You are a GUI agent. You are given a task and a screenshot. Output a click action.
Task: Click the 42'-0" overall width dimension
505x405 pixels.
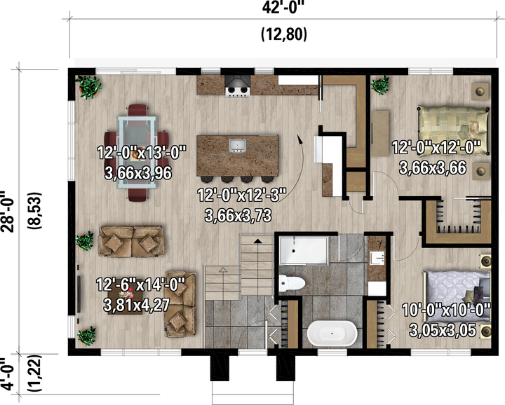(283, 7)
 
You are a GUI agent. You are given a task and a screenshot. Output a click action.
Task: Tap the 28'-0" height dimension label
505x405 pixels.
(7, 212)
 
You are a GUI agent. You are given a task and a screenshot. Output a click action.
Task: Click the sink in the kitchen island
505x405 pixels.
(238, 146)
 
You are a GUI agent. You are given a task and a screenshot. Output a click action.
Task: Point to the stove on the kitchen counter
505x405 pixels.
(238, 86)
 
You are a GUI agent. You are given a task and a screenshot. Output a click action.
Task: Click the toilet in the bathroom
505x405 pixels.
(292, 283)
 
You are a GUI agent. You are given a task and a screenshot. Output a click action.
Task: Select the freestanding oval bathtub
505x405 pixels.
(332, 333)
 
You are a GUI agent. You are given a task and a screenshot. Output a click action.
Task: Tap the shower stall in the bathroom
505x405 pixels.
(304, 251)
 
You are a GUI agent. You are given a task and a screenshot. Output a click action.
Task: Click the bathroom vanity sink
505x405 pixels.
(377, 258)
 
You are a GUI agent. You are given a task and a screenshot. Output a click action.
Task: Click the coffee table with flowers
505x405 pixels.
(126, 300)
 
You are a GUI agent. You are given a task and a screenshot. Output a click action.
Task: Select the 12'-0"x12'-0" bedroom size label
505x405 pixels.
(436, 148)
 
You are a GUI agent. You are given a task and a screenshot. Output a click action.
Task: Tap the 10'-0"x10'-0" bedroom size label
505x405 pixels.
(446, 310)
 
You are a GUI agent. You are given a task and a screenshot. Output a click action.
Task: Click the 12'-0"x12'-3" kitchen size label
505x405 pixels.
(241, 195)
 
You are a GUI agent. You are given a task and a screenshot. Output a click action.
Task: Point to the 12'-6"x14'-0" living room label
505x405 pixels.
(141, 284)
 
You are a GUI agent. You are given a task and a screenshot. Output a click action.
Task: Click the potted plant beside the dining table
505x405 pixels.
(88, 87)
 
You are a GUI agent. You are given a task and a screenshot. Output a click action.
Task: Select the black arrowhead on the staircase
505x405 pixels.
(257, 240)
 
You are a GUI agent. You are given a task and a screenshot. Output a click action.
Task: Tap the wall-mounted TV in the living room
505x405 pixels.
(79, 294)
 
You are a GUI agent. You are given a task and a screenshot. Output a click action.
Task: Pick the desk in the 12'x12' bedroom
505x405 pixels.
(379, 134)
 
